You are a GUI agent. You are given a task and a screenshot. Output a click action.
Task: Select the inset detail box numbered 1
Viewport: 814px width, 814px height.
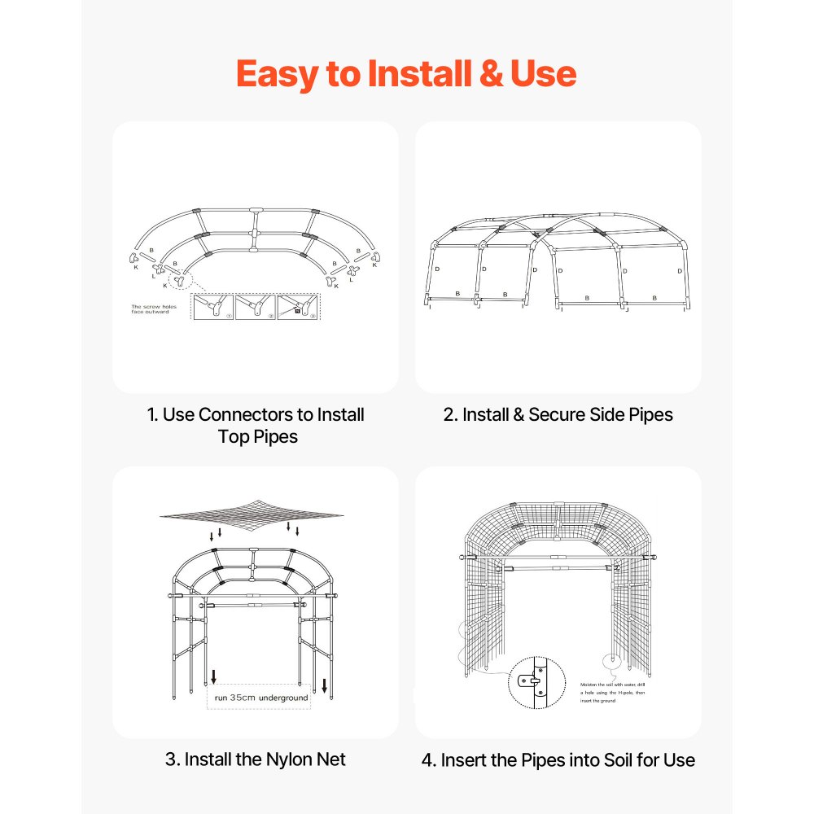pos(212,306)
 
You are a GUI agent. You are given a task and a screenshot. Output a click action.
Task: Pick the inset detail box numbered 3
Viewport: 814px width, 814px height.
pos(298,306)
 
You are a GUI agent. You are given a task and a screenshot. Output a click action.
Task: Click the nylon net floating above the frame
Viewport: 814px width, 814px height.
pos(252,513)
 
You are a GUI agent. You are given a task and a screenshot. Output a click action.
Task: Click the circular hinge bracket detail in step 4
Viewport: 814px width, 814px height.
pos(536,680)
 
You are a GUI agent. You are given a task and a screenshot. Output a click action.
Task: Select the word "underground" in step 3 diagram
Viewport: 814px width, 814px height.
pos(284,698)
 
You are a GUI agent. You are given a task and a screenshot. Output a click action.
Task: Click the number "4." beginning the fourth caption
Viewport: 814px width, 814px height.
pos(429,760)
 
